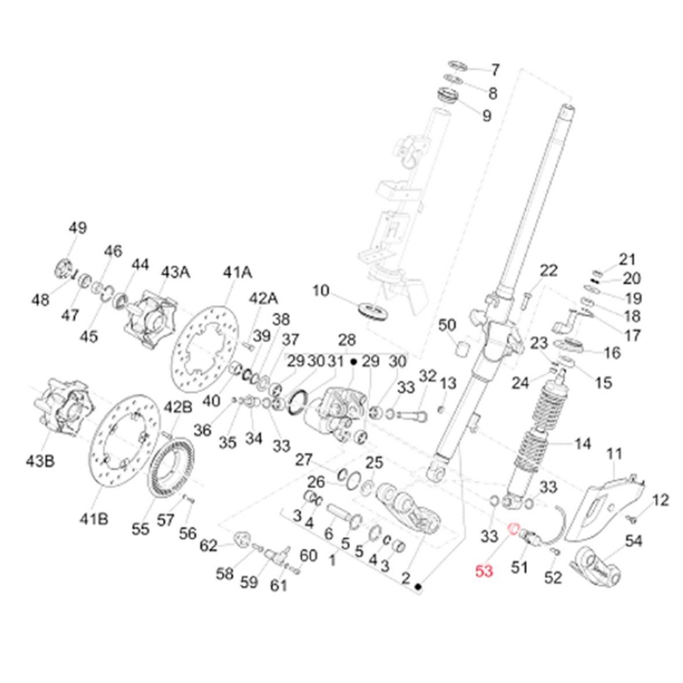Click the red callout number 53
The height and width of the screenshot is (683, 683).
tap(483, 572)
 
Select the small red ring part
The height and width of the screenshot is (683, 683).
tap(512, 528)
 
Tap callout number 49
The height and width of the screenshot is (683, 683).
tap(77, 228)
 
